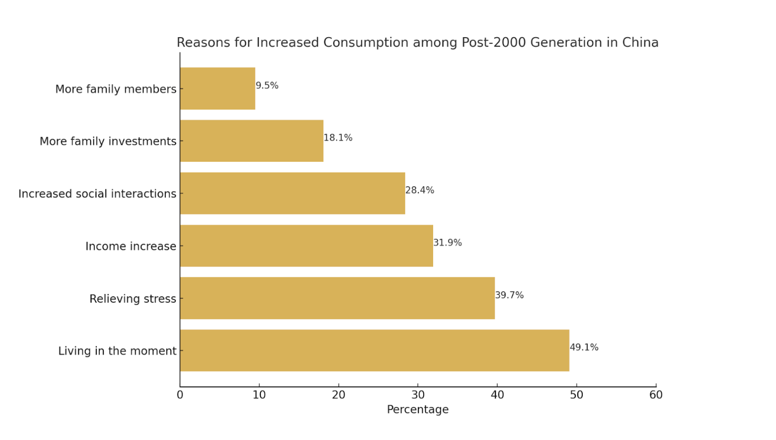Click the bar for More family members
pyautogui.click(x=218, y=88)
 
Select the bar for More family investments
pyautogui.click(x=251, y=141)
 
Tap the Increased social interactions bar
pyautogui.click(x=293, y=193)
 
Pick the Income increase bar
pyautogui.click(x=306, y=245)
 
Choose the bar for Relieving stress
pyautogui.click(x=337, y=298)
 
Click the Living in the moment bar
pyautogui.click(x=374, y=350)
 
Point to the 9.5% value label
pyautogui.click(x=267, y=85)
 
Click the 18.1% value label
pyautogui.click(x=338, y=138)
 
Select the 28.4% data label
pyautogui.click(x=420, y=190)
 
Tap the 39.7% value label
pyautogui.click(x=509, y=295)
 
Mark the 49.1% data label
pyautogui.click(x=584, y=347)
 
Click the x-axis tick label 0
pyautogui.click(x=180, y=395)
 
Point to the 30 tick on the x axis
pyautogui.click(x=418, y=395)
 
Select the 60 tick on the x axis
pyautogui.click(x=656, y=395)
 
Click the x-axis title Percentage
pyautogui.click(x=417, y=410)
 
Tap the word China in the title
pyautogui.click(x=640, y=43)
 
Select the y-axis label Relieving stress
pyautogui.click(x=133, y=298)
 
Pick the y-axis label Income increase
pyautogui.click(x=131, y=246)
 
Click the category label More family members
pyautogui.click(x=115, y=89)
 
